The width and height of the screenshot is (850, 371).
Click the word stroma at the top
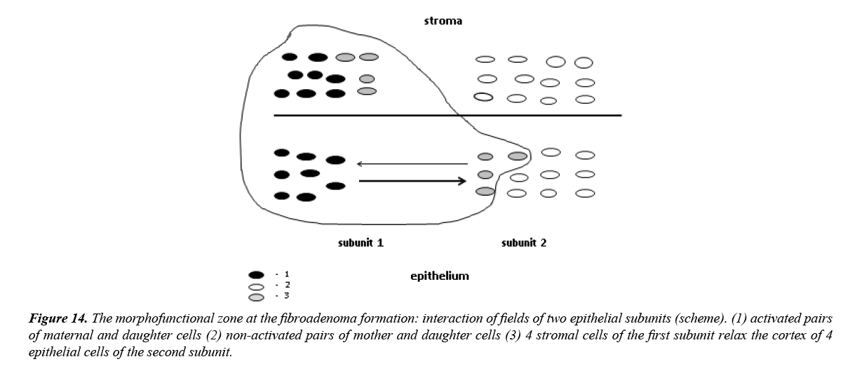pos(443,21)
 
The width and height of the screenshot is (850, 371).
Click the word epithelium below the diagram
pos(439,276)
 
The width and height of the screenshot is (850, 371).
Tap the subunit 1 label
pos(360,243)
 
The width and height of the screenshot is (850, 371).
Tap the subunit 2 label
pos(524,243)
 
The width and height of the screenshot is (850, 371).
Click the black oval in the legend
pos(256,275)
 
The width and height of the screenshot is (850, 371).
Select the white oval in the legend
pos(256,286)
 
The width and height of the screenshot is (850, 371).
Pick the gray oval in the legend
pos(256,297)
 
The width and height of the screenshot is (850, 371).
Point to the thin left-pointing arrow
pos(412,164)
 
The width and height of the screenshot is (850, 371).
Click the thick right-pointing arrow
pos(412,182)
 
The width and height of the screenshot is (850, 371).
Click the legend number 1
pos(286,274)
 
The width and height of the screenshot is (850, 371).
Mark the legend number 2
pos(286,285)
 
